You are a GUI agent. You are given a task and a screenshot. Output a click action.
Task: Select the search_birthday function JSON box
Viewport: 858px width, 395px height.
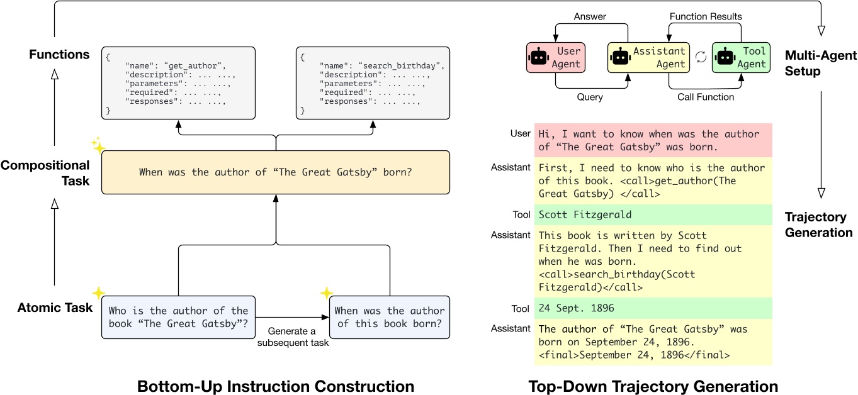(373, 82)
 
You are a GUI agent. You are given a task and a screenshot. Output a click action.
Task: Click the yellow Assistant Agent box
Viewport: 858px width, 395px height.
(649, 57)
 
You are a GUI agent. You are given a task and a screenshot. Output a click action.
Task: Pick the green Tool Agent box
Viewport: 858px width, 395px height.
(742, 57)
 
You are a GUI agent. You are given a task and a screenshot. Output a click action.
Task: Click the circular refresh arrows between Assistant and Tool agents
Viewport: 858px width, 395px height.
(701, 57)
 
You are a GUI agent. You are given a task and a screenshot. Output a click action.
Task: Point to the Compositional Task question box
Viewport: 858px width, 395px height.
(276, 172)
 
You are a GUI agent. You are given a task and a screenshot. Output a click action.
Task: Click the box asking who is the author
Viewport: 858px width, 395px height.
(179, 318)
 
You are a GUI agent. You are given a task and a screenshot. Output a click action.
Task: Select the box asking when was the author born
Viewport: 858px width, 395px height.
(390, 318)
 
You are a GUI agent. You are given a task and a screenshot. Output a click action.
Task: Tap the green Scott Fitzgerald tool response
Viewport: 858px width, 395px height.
(652, 214)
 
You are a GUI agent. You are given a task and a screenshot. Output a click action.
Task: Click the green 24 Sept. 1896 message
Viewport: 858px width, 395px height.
(652, 308)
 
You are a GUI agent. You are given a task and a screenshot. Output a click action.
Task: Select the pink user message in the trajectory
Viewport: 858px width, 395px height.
(652, 140)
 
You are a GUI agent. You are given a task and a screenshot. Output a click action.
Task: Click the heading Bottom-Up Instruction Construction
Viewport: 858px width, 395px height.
(276, 386)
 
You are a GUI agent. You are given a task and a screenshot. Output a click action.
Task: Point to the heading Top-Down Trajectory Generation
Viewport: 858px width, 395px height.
(653, 386)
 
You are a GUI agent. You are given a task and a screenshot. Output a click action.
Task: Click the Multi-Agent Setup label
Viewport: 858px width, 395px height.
(820, 64)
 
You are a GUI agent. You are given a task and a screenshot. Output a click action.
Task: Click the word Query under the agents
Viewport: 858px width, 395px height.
(590, 97)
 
